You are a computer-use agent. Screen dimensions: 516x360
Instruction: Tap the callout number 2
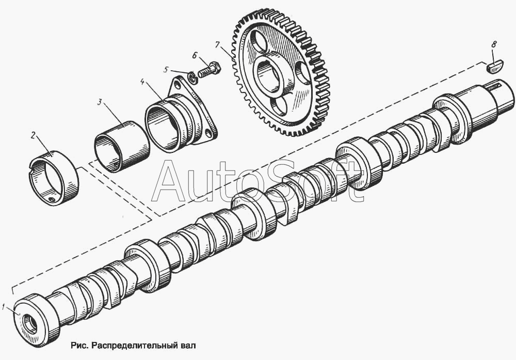click(x=33, y=135)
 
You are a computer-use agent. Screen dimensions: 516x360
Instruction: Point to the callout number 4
click(x=142, y=82)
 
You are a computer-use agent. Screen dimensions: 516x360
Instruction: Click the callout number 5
click(x=166, y=70)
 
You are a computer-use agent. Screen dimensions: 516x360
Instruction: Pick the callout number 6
click(x=195, y=55)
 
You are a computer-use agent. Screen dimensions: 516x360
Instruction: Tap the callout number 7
click(x=217, y=44)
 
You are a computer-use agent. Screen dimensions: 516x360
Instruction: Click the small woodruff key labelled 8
click(x=495, y=67)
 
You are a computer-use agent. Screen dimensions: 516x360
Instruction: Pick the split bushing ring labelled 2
click(x=54, y=178)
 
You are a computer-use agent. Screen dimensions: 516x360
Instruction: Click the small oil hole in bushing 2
click(x=51, y=199)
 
